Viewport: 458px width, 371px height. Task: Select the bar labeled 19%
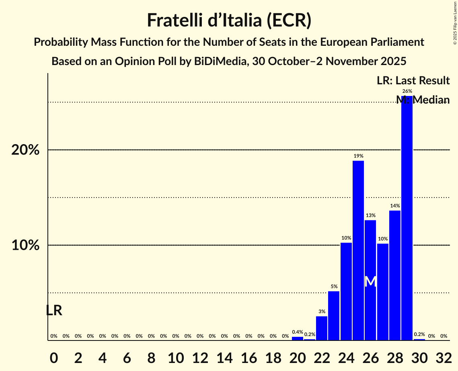coord(358,251)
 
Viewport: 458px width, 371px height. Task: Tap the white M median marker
coord(370,281)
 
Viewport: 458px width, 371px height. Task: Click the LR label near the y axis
coord(54,310)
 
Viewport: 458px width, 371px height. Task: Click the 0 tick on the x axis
coord(54,357)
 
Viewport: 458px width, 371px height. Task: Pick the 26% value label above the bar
coord(407,91)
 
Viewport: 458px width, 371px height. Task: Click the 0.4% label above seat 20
coord(298,332)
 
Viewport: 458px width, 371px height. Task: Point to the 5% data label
coord(334,286)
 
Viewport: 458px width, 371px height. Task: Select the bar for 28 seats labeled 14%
coord(395,275)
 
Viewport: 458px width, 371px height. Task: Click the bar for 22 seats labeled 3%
coord(322,328)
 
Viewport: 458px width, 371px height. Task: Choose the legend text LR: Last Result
coord(413,81)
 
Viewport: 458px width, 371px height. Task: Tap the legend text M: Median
coord(423,100)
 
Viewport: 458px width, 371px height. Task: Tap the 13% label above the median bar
coord(370,215)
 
